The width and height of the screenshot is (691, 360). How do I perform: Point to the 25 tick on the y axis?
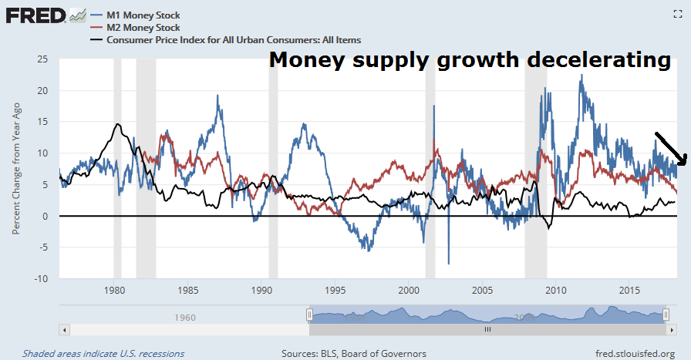(43, 59)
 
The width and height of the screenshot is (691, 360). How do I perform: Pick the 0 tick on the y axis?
(46, 216)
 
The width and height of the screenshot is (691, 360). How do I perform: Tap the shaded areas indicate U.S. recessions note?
(103, 353)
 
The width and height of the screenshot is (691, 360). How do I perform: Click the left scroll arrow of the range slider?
(65, 329)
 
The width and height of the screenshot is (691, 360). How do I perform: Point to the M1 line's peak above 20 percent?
(581, 76)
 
